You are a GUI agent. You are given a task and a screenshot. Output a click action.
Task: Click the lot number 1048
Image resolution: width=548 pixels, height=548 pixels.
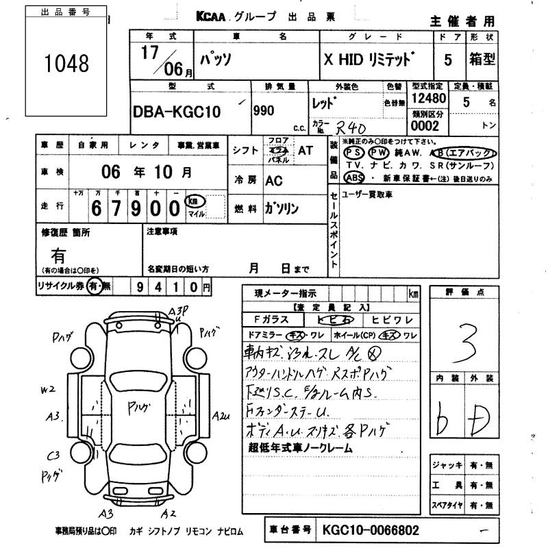point(66,64)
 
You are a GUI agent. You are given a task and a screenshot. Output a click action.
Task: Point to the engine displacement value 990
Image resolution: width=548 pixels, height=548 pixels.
point(264,110)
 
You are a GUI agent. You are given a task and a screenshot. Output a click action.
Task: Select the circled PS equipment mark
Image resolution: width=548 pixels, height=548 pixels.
point(354,153)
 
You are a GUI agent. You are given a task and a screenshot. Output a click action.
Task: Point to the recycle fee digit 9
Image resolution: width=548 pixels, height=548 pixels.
point(140,286)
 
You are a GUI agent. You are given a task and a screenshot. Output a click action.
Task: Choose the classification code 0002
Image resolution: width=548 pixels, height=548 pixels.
point(424,126)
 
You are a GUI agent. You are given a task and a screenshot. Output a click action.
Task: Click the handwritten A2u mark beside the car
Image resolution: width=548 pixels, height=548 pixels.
point(221,415)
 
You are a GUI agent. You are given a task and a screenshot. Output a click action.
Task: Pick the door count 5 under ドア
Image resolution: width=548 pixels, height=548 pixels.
point(448,60)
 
